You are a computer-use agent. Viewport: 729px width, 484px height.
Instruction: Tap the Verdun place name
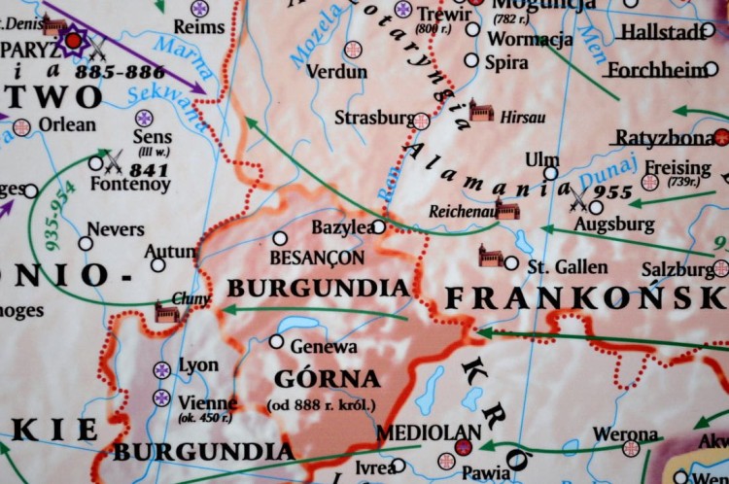[x=336, y=71]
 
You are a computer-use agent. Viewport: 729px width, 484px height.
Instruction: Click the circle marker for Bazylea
[x=378, y=226]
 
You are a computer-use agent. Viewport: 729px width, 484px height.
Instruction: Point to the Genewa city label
[x=324, y=345]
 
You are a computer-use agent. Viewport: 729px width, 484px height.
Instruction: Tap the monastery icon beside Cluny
[x=167, y=313]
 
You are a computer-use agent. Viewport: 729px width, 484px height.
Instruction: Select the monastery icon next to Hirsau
[x=481, y=110]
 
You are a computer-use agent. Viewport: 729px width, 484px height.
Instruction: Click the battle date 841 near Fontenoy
[x=149, y=169]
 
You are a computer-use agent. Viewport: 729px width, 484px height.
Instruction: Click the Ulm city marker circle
[x=551, y=174]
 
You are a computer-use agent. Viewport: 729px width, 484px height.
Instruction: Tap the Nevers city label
[x=116, y=230]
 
